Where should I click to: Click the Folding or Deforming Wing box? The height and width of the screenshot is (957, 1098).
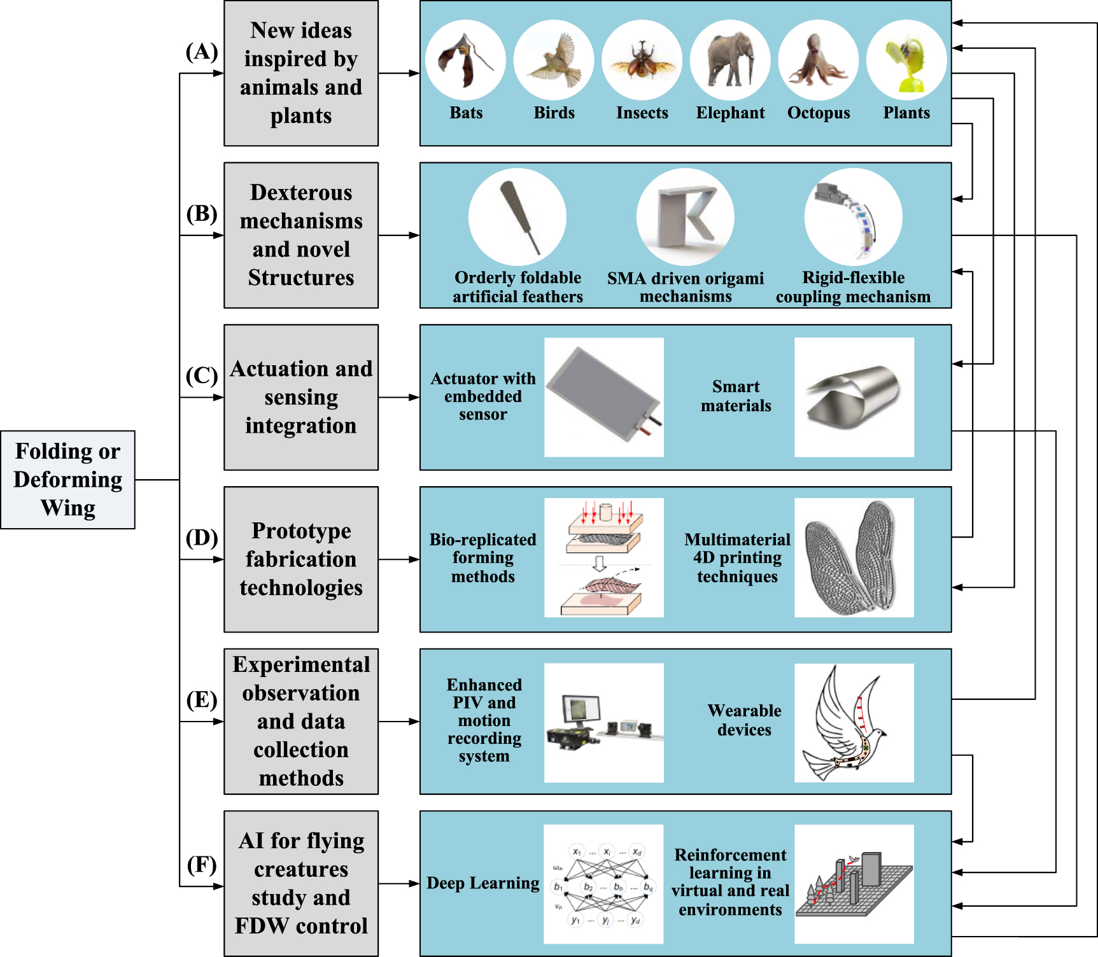[67, 480]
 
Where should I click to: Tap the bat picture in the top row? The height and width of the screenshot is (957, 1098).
[465, 60]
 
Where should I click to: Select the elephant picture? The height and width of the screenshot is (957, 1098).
[730, 60]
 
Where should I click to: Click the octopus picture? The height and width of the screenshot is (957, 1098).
[818, 60]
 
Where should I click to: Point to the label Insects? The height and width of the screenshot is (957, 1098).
[642, 113]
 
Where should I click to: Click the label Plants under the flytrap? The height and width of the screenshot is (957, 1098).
[906, 113]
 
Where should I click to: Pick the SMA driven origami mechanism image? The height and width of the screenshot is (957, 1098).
[686, 217]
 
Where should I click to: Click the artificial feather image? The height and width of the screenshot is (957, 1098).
[517, 217]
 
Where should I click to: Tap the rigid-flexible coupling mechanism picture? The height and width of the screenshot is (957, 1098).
[853, 217]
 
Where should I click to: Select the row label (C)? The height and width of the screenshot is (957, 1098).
[202, 375]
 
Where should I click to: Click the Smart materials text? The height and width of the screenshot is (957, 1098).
[736, 396]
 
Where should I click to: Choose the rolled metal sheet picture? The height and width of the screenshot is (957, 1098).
[854, 397]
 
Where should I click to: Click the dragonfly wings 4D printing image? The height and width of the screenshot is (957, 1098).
[854, 558]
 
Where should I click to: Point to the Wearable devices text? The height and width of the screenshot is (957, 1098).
[744, 720]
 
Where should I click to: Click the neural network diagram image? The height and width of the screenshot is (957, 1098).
[603, 884]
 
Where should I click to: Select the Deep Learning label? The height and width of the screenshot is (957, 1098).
[482, 883]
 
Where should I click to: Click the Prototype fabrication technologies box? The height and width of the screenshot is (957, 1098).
[301, 559]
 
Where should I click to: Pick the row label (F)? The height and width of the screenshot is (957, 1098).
[202, 865]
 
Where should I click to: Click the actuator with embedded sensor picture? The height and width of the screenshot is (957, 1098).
[603, 397]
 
